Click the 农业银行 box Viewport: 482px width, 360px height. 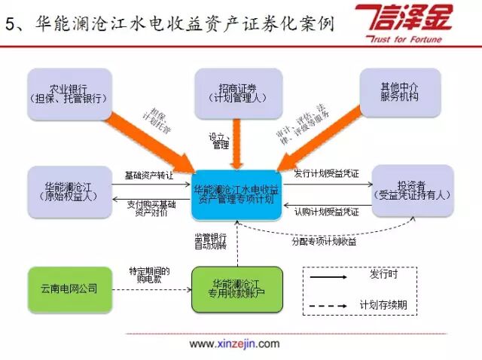click(x=69, y=92)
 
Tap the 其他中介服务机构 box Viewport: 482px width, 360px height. click(x=398, y=92)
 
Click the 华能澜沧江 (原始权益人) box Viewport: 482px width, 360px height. click(x=69, y=191)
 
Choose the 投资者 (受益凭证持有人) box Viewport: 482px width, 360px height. click(x=412, y=191)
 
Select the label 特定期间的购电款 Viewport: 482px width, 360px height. click(x=149, y=276)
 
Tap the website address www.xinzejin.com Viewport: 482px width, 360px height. click(x=233, y=344)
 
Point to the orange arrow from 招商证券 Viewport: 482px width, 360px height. click(x=236, y=143)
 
